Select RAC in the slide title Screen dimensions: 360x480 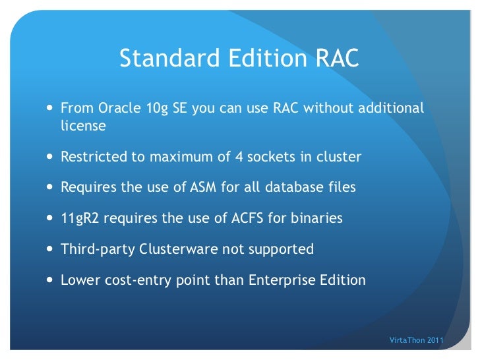point(335,59)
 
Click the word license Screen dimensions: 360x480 point(83,125)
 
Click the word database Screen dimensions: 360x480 point(292,187)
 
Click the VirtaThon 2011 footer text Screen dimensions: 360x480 point(417,340)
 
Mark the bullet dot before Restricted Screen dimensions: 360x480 point(51,158)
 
